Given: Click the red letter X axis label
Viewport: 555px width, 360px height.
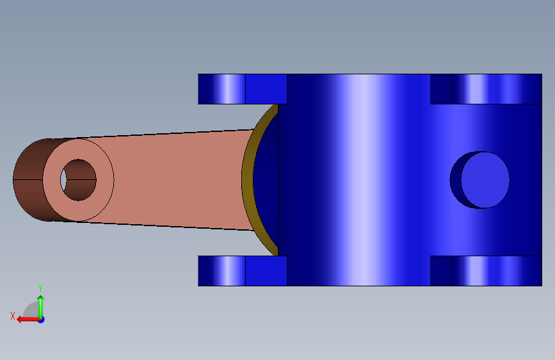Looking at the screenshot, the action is [13, 316].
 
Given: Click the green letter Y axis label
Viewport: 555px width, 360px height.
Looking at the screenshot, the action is [40, 288].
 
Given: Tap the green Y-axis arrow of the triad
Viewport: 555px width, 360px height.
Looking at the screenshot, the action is [41, 307].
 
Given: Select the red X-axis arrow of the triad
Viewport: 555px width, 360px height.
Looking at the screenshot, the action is [29, 320].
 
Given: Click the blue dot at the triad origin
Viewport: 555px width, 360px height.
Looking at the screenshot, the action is [42, 320].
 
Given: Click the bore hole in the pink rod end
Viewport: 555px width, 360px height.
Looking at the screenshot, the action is [78, 180].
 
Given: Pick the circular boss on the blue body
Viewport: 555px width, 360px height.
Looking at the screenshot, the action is [485, 180].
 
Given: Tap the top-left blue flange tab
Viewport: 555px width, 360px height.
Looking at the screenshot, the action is [221, 89].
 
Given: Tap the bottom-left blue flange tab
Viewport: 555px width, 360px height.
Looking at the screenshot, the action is [221, 271].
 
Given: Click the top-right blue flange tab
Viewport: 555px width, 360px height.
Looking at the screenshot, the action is [497, 89].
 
